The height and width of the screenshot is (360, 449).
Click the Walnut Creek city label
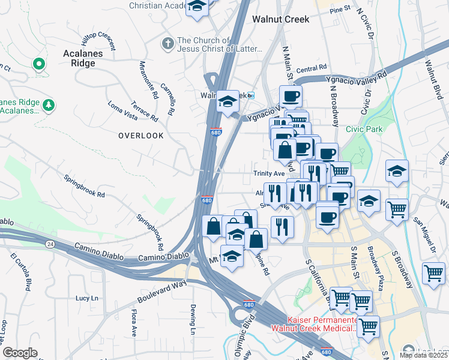280,19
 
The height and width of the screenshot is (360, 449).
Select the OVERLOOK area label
140,136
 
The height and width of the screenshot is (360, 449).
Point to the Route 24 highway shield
49,243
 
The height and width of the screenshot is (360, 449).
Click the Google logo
20,353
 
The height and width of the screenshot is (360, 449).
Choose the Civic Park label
364,128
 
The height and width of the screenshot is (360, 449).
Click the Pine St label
339,9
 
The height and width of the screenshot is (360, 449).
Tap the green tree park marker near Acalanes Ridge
49,106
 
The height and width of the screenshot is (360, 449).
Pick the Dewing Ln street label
193,319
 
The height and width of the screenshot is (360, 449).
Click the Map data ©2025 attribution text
424,355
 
